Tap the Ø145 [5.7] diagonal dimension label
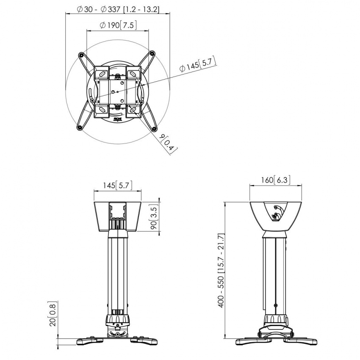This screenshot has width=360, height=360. tap(198, 65)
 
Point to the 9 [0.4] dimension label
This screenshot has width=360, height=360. tap(169, 143)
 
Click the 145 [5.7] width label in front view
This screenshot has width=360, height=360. tap(118, 185)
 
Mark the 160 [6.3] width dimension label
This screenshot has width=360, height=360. tap(275, 180)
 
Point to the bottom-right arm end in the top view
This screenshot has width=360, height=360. tap(154, 127)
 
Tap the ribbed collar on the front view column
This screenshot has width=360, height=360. tap(118, 318)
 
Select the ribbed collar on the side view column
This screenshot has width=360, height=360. tap(276, 319)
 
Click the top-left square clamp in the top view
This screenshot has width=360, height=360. tap(101, 73)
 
